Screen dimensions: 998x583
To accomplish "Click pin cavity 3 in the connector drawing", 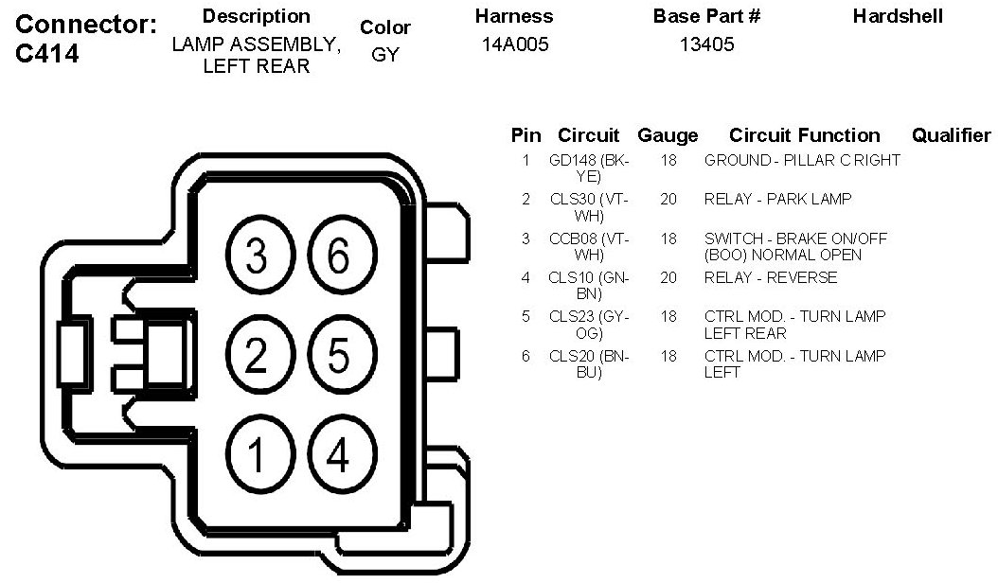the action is tap(255, 256).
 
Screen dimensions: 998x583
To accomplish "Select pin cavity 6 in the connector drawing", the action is tap(338, 256).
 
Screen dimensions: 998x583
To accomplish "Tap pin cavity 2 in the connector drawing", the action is tap(255, 356).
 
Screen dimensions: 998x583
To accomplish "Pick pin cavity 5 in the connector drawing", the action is tap(338, 356).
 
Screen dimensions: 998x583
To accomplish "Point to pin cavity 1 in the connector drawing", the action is tap(255, 456).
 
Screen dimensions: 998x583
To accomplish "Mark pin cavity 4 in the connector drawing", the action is tap(338, 456).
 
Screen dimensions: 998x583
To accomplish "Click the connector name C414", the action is tap(47, 54).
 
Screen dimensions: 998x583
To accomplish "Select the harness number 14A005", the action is tap(514, 44).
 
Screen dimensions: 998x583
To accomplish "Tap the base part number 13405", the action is tap(706, 44).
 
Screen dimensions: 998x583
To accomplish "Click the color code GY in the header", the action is tap(385, 55).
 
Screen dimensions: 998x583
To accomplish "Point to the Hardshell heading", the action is tap(898, 16).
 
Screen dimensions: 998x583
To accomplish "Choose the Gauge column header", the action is tap(668, 135).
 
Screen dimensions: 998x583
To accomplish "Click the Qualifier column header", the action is tap(950, 135).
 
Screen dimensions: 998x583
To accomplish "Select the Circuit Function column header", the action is tap(804, 135).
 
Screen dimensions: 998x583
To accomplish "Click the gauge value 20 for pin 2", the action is tap(668, 200).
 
